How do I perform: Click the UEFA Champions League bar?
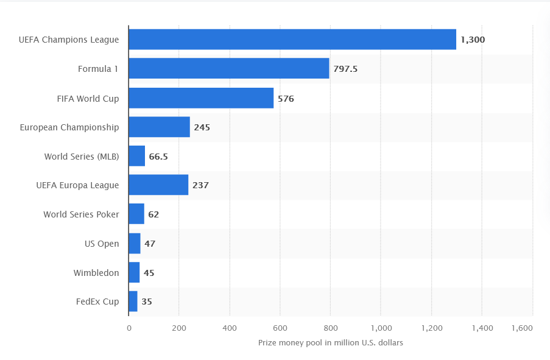[x=292, y=40]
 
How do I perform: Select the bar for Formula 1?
[x=229, y=68]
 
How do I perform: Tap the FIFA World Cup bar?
[x=201, y=98]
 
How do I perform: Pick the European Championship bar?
[x=159, y=127]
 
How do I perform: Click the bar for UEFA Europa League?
[x=158, y=185]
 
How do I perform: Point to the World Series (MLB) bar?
[x=137, y=157]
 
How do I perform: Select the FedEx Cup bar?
[x=133, y=302]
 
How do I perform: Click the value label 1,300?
[x=473, y=40]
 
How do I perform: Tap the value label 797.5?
[x=345, y=69]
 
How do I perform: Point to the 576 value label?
[x=286, y=98]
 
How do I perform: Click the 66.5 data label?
[x=158, y=157]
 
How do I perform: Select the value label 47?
[x=150, y=244]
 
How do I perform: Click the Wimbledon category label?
[x=96, y=273]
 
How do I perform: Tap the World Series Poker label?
[x=81, y=214]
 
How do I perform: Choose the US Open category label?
[x=102, y=244]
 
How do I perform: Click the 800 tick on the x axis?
[x=330, y=328]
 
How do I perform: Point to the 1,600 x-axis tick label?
[x=521, y=328]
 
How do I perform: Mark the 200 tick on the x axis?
[x=179, y=328]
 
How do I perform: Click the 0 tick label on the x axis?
[x=129, y=328]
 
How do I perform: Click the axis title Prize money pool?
[x=330, y=343]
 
